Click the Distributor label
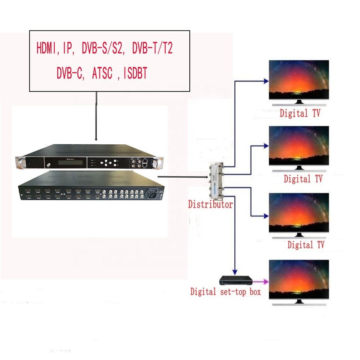[210, 205]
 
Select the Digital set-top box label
[225, 291]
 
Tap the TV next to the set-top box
[299, 279]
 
